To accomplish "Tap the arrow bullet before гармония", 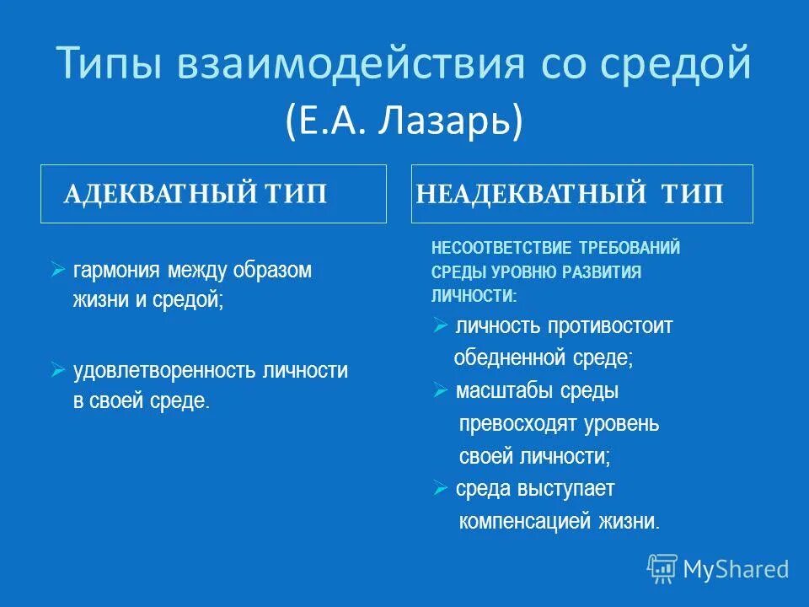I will pos(57,270).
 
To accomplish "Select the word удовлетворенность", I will pos(165,370).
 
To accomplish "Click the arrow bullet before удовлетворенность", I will pos(57,369).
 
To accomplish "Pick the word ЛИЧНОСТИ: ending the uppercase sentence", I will pos(474,296).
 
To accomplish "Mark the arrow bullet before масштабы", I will pos(440,390).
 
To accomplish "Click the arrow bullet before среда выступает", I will pos(440,487).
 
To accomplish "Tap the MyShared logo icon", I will pos(662,569).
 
